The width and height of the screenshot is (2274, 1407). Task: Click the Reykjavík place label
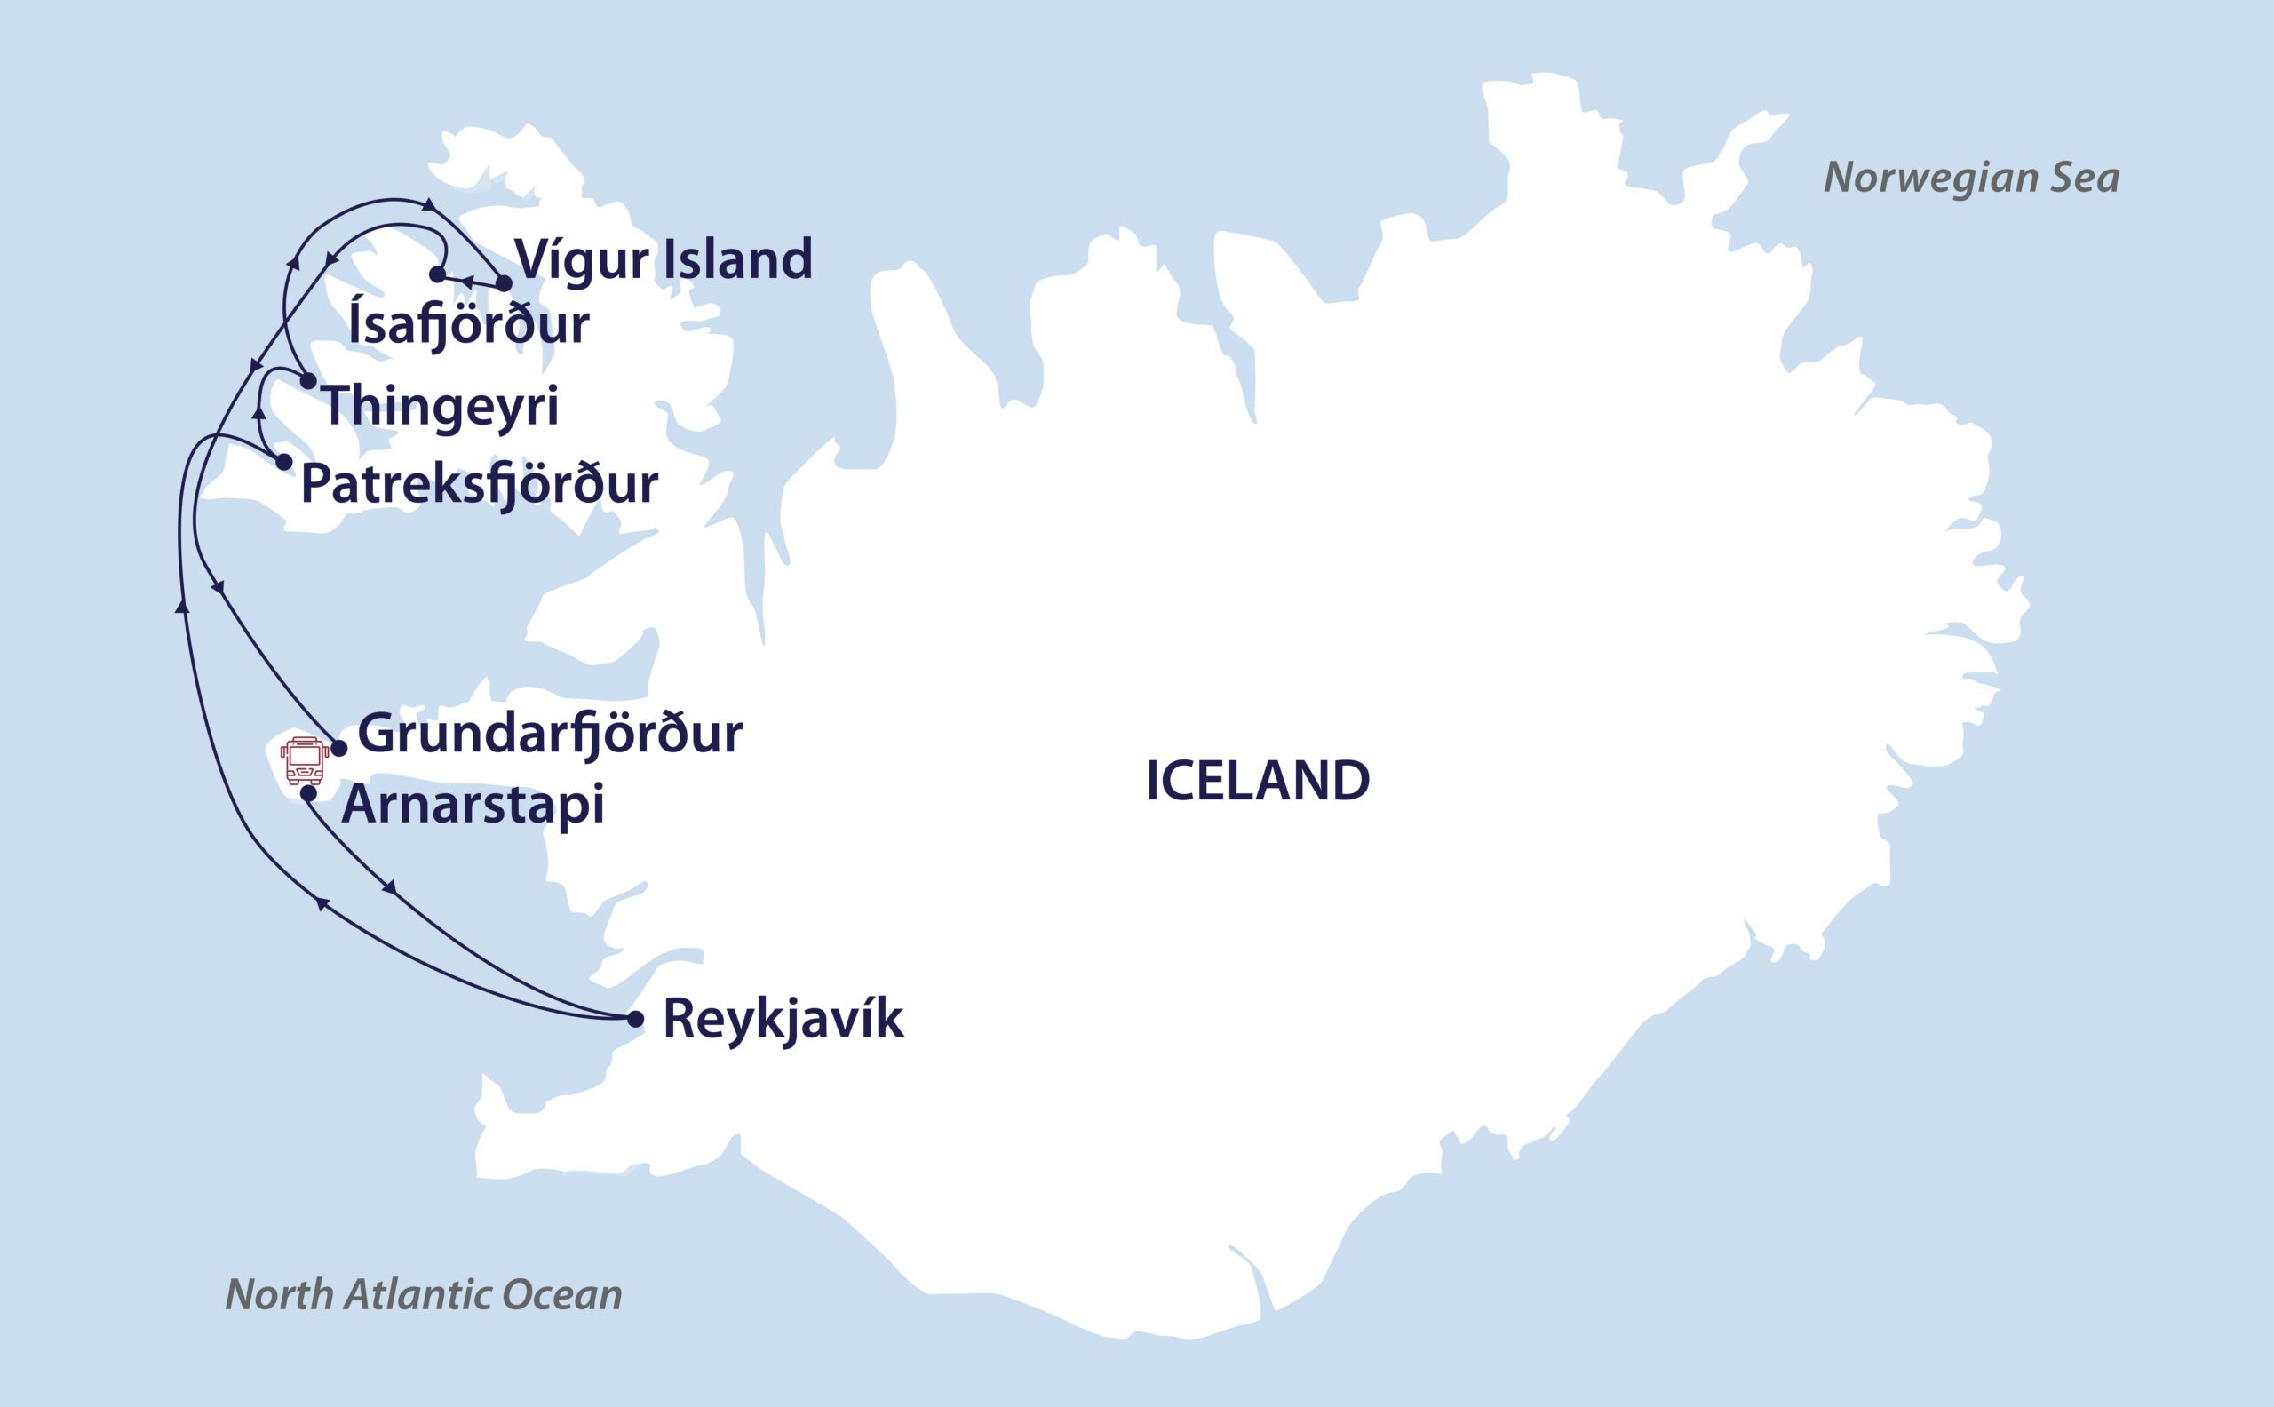point(783,1020)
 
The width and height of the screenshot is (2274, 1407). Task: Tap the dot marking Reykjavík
point(635,1019)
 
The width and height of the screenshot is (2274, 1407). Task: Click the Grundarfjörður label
point(550,735)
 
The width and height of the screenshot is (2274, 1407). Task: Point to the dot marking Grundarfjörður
point(339,748)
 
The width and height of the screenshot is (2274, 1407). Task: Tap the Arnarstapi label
point(473,805)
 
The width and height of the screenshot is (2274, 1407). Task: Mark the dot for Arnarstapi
point(309,794)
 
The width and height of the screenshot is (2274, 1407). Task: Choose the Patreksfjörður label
point(479,485)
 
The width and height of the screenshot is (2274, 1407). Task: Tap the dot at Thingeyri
point(308,380)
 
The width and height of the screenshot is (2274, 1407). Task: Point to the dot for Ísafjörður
point(437,274)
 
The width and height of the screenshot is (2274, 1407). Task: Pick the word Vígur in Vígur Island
point(582,259)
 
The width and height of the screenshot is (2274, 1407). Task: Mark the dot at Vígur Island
point(504,282)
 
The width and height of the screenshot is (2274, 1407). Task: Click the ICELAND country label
point(1257,781)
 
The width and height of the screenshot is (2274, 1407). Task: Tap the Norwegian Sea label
point(1971,178)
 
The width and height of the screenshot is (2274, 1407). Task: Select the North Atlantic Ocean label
point(424,1294)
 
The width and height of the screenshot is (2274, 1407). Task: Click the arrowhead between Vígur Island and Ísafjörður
point(469,280)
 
